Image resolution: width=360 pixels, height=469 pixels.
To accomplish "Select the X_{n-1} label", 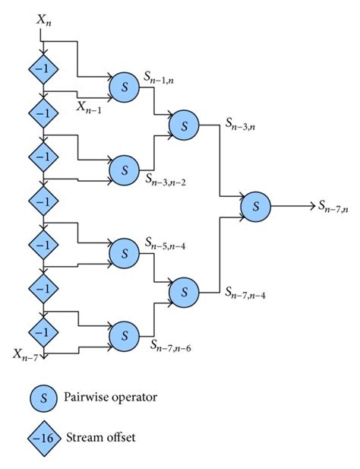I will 89,107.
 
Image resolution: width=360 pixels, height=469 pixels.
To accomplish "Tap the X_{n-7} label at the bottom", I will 25,353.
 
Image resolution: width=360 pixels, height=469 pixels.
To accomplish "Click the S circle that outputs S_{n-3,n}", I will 183,126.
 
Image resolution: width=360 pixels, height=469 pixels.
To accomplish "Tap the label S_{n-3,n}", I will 242,124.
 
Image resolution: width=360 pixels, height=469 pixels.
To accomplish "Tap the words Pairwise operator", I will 119,395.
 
